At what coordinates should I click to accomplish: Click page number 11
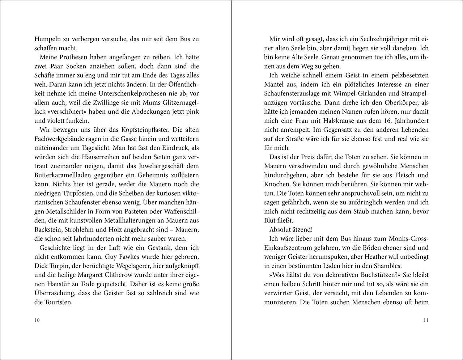coord(425,320)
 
